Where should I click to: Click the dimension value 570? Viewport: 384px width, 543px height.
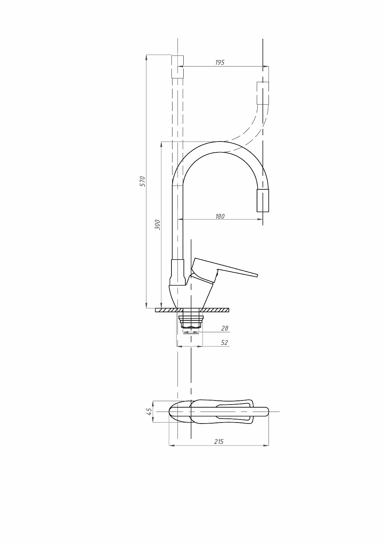coord(143,181)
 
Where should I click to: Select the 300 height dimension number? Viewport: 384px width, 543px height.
coord(158,225)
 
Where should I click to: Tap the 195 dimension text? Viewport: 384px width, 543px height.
coord(220,62)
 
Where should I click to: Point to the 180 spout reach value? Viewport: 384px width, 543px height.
coord(220,216)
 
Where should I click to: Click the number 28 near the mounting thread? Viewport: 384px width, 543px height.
coord(225,328)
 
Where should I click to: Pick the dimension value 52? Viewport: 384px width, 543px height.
coord(225,342)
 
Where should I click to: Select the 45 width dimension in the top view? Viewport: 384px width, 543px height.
coord(149,411)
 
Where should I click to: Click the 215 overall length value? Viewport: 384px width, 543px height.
coord(219,442)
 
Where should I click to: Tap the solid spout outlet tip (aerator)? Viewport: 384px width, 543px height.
coord(263,201)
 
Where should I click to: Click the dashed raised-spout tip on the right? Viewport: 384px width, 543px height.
coord(263,93)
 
